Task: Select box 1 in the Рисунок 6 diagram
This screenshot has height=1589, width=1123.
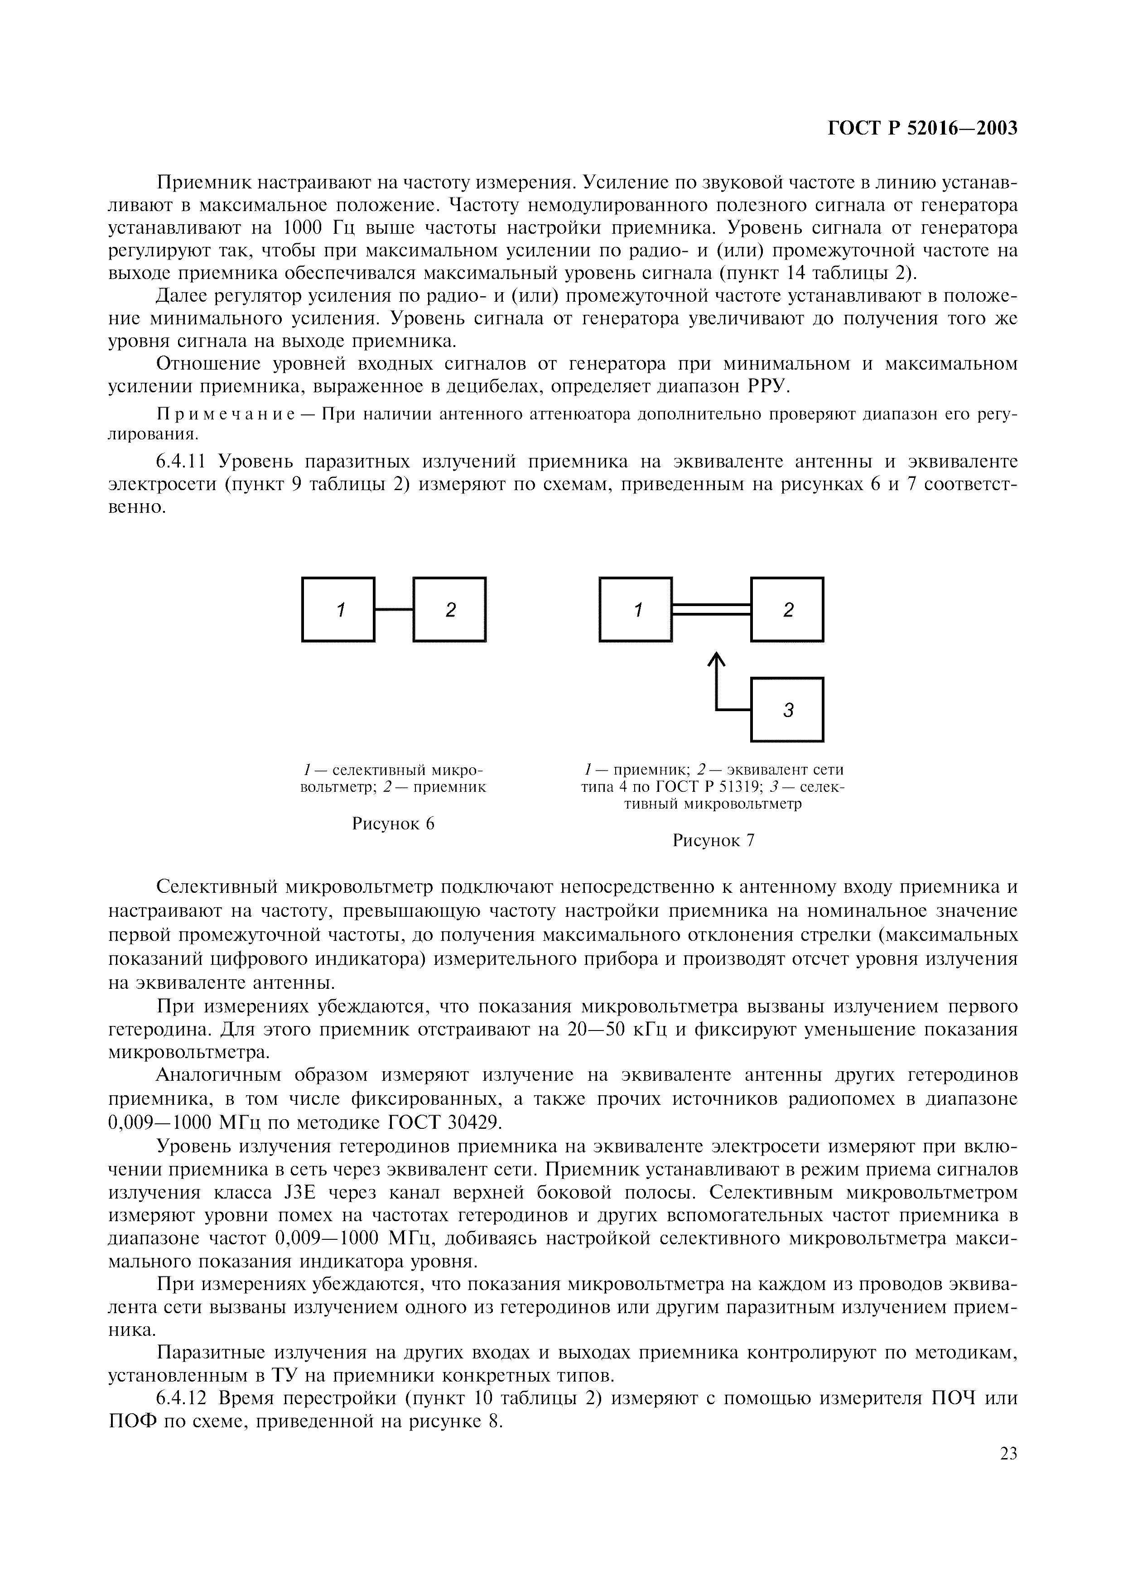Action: [338, 609]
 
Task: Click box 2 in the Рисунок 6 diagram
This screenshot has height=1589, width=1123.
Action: [450, 609]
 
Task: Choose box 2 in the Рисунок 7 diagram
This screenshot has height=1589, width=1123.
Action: [787, 609]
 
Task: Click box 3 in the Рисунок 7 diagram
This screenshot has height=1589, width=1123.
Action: [787, 709]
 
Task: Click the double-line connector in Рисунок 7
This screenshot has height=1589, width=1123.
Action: [711, 609]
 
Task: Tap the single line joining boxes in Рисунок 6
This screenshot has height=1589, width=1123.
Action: [394, 609]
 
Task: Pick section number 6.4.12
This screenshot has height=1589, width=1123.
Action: [183, 1399]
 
